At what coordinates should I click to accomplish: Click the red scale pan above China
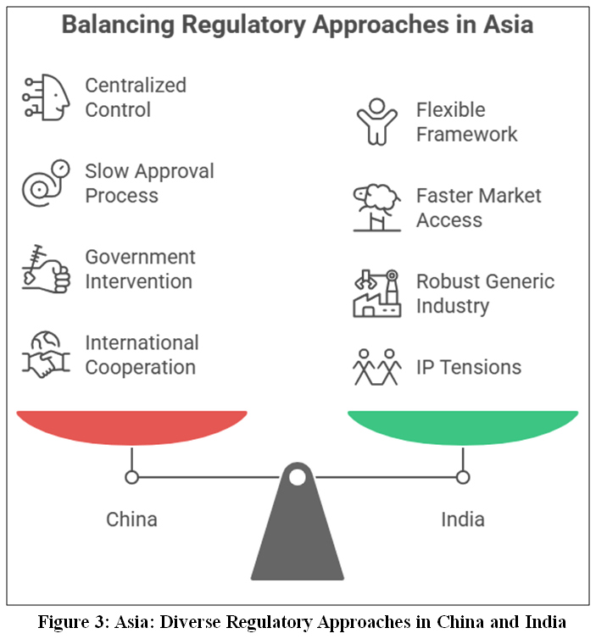tap(131, 427)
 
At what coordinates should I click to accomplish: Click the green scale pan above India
tap(463, 427)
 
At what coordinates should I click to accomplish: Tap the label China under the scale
tap(131, 520)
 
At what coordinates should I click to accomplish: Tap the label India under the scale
tap(463, 520)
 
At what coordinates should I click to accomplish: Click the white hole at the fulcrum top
tap(298, 477)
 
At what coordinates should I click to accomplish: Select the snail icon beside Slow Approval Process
tap(46, 183)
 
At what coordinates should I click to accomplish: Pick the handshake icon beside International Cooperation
tap(46, 354)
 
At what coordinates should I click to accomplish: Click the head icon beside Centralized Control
tap(46, 97)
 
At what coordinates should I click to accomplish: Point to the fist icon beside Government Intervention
tap(46, 269)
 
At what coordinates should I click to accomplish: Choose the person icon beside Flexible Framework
tap(377, 122)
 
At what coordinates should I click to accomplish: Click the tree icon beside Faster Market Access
tap(377, 208)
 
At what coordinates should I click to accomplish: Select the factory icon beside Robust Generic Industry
tap(377, 293)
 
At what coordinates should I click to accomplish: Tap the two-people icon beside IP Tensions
tap(377, 367)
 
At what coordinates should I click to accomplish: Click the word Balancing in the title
tap(118, 25)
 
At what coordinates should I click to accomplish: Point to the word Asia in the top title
tap(509, 25)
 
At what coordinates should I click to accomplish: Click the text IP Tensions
tap(469, 367)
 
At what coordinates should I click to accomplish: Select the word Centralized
tap(136, 86)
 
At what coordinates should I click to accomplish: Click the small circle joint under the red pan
tap(131, 477)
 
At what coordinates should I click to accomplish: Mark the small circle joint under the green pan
tap(463, 477)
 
